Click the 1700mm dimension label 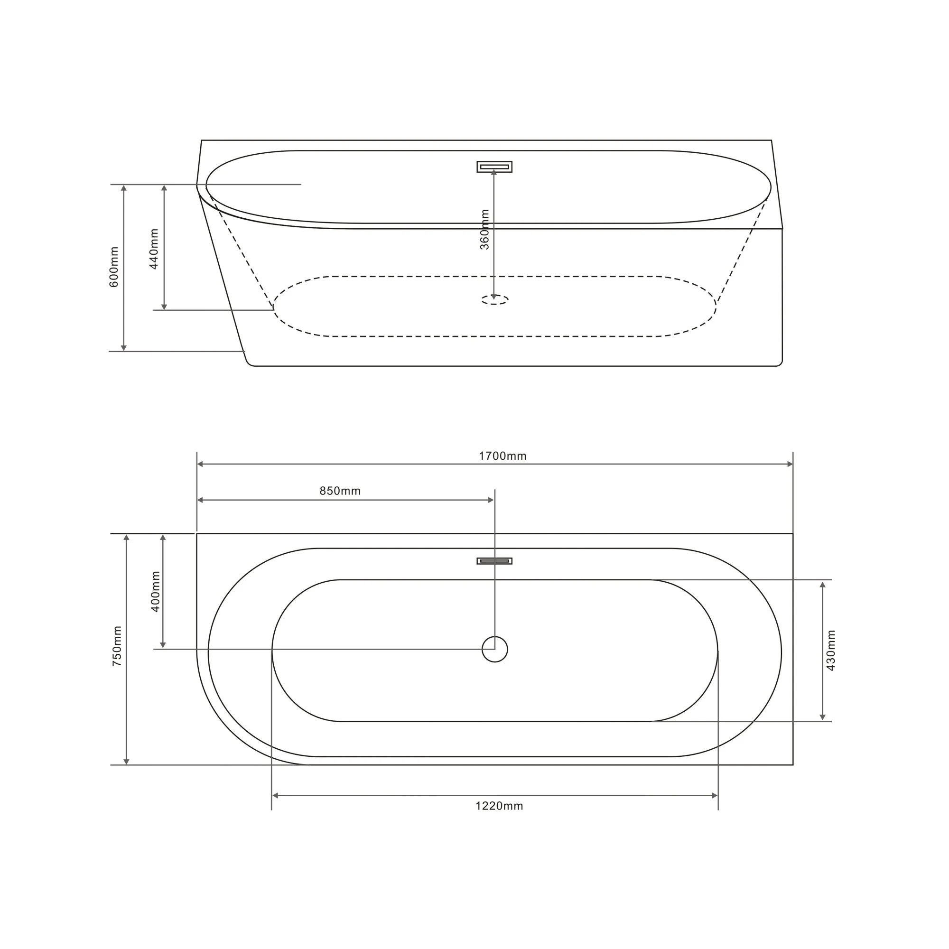502,456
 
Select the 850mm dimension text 340,491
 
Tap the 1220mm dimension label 499,806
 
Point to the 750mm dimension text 117,646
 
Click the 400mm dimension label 156,591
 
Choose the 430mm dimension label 831,651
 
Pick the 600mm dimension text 114,267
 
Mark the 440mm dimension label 154,249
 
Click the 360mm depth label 485,229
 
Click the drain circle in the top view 494,650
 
